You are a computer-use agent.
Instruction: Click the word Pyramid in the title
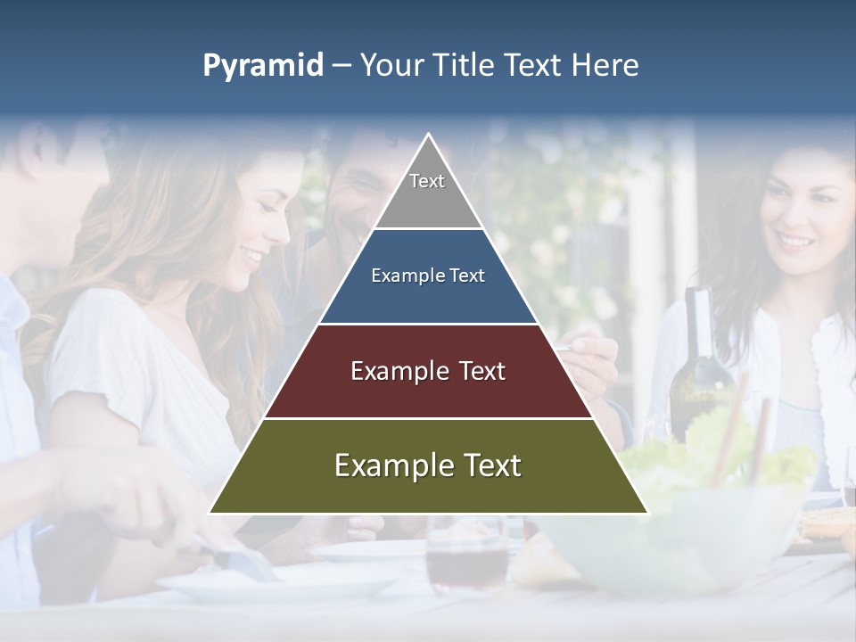click(263, 66)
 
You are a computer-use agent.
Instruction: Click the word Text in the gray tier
click(427, 181)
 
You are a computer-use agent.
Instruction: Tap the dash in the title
click(342, 66)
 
